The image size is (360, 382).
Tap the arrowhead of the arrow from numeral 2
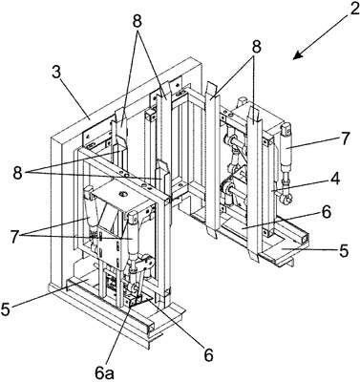pos(297,55)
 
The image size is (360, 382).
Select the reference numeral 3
pos(56,74)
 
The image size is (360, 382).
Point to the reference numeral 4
pos(334,179)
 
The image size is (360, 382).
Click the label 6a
pos(103,372)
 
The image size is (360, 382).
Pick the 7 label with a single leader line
pos(343,138)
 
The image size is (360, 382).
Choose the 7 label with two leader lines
pos(13,237)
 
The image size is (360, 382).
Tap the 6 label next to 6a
pos(208,354)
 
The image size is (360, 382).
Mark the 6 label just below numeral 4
pos(327,212)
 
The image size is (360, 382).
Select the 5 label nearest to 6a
pos(6,309)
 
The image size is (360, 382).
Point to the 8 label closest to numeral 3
pos(18,173)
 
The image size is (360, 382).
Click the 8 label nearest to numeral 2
pos(256,47)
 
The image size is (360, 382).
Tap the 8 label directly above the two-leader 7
pos(138,21)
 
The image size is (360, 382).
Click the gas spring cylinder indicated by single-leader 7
pos(286,149)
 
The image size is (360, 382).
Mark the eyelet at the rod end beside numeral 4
pos(285,200)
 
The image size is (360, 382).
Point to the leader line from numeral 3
pos(75,98)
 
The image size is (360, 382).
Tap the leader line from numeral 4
pos(302,185)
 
